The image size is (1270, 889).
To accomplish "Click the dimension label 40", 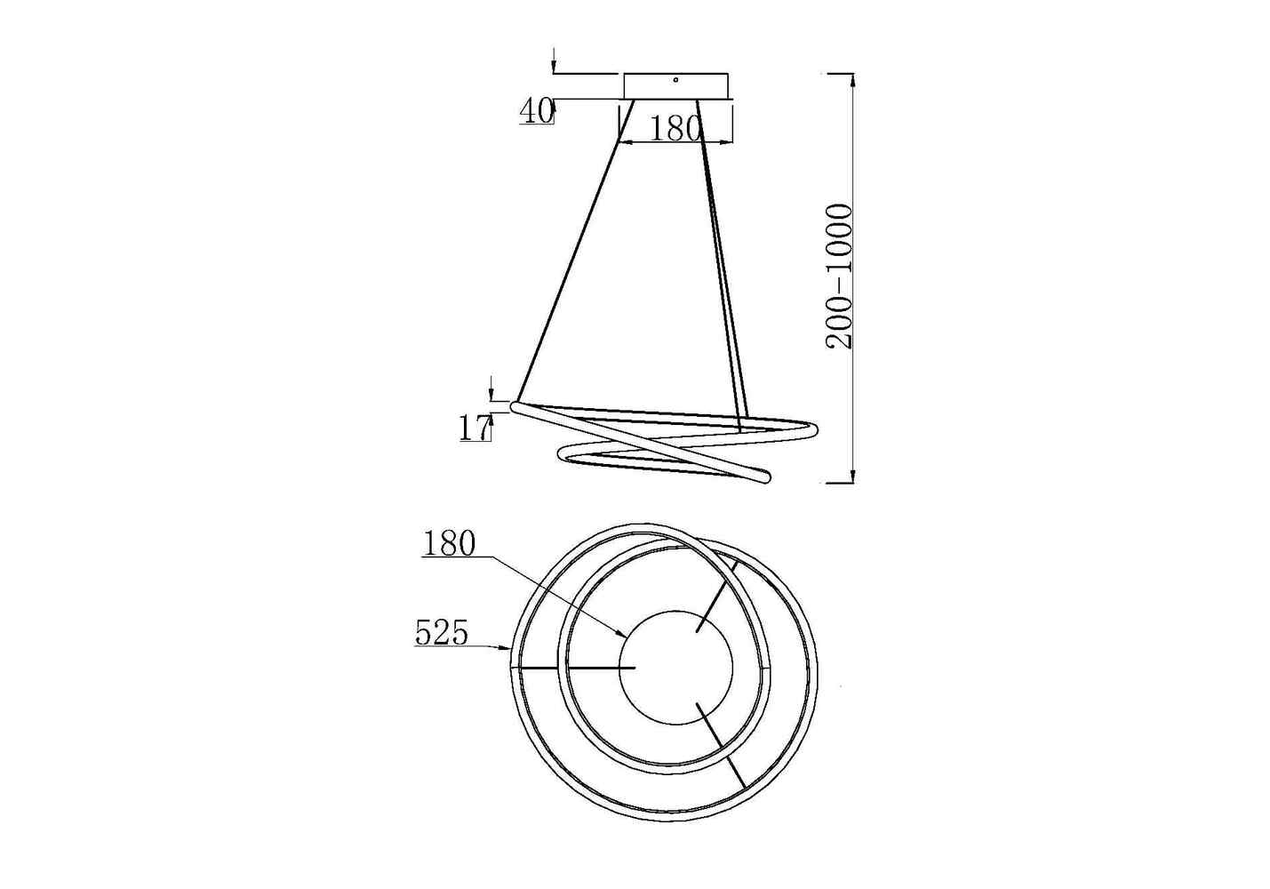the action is (536, 111).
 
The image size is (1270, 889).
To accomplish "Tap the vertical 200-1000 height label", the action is (840, 276).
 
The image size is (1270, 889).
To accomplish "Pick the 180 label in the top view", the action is (449, 545).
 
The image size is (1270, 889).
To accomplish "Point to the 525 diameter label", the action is (443, 632).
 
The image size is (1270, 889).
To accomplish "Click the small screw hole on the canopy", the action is (675, 80).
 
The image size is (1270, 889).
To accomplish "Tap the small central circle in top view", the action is (675, 668).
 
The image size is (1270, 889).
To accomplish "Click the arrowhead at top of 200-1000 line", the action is (853, 80).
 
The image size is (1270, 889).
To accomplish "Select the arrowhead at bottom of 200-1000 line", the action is (853, 477).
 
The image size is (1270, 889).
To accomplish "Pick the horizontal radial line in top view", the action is (572, 669).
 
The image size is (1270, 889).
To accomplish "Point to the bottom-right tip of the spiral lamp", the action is (768, 480).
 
